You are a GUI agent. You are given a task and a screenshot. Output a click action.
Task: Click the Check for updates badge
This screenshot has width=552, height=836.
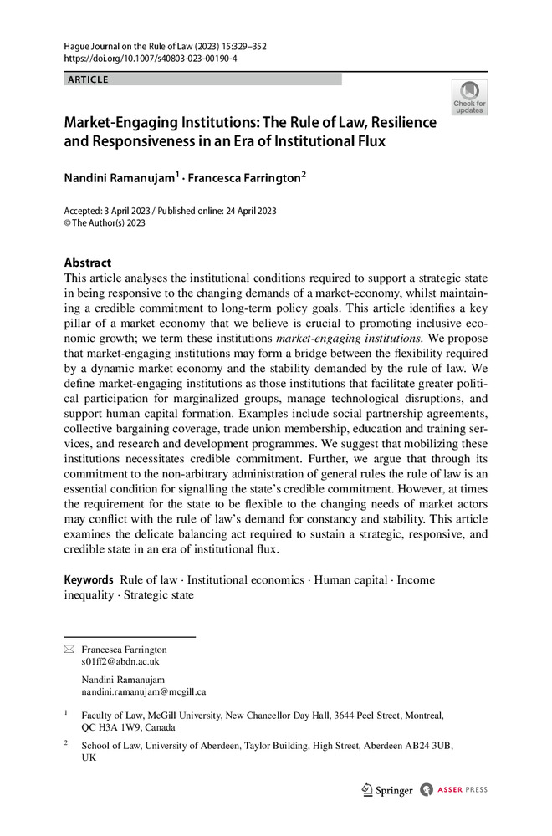(x=469, y=97)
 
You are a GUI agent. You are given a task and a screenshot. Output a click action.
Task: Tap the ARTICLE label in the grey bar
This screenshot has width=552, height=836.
(x=87, y=79)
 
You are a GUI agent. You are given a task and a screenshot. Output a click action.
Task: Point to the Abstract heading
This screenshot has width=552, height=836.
(x=88, y=262)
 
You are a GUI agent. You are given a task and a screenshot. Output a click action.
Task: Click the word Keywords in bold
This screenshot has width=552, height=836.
(x=88, y=579)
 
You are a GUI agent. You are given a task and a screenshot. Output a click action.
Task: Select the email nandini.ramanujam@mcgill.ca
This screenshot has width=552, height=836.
(x=143, y=691)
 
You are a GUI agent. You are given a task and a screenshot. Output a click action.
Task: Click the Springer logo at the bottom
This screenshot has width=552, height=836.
(x=387, y=789)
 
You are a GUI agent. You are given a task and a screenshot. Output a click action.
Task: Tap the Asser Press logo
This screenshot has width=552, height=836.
(x=454, y=789)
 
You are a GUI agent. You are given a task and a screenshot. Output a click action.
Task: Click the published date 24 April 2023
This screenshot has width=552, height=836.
(x=248, y=211)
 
